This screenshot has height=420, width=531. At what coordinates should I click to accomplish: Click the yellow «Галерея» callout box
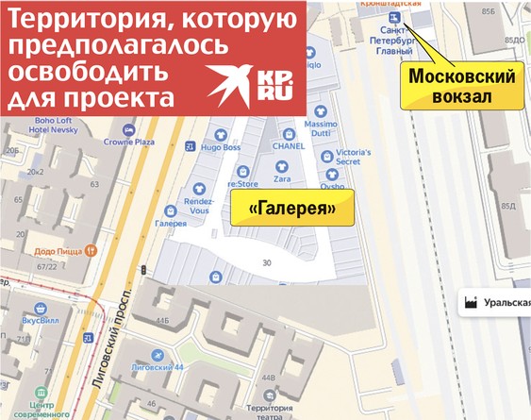pos(291,207)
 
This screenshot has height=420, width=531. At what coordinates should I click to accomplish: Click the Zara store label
pos(281,177)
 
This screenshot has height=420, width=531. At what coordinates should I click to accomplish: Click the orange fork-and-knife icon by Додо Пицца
pos(91,251)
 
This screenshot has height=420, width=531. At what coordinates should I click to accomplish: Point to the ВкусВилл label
pos(41,322)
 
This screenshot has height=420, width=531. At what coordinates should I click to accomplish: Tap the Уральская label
pos(506,303)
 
